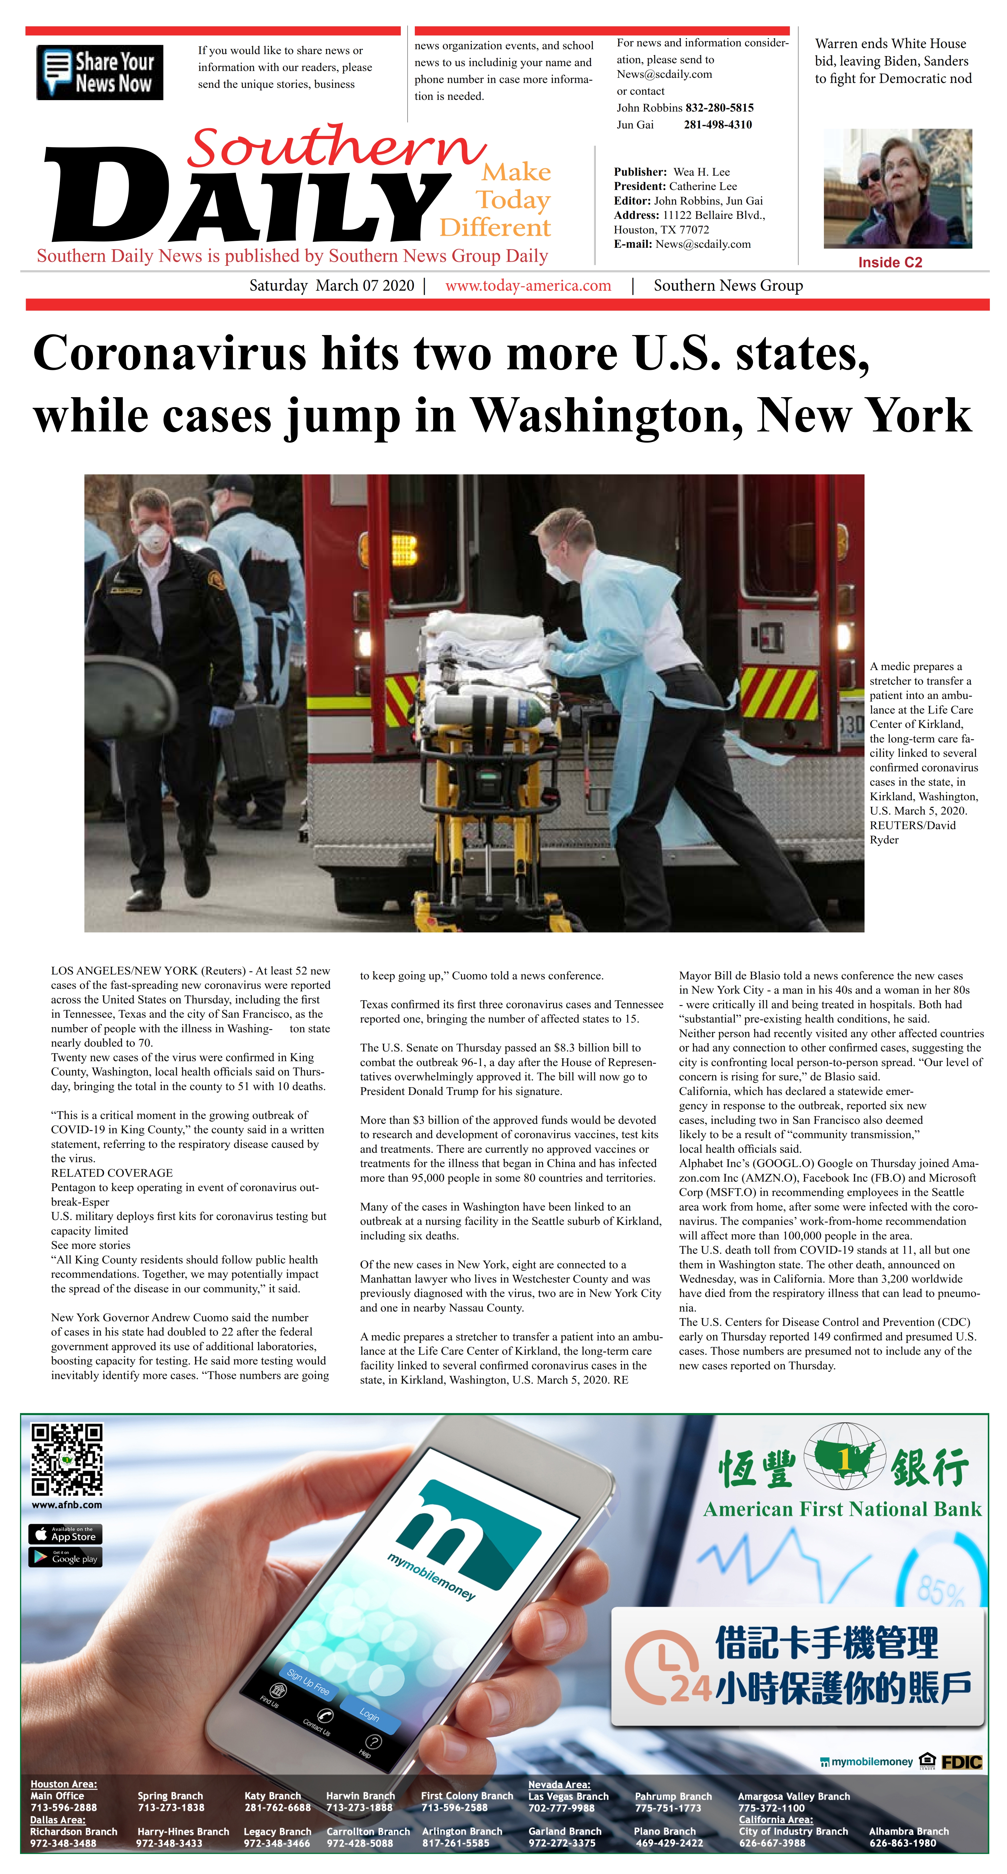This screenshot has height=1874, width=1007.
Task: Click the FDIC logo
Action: click(961, 1762)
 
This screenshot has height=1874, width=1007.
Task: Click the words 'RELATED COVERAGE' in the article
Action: click(111, 1173)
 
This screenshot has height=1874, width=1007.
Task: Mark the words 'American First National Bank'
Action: click(842, 1509)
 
